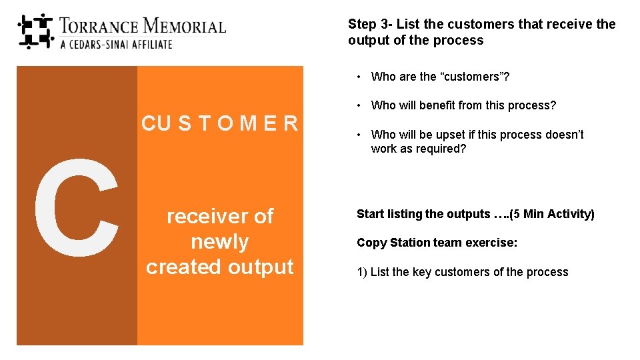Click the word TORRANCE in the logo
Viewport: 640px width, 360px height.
[99, 27]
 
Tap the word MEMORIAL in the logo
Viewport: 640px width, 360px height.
[185, 27]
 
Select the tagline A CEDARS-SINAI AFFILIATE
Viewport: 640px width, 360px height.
[116, 45]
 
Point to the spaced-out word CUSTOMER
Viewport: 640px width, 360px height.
[219, 123]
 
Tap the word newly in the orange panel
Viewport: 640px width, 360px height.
[219, 241]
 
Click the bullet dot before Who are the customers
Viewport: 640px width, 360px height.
[359, 77]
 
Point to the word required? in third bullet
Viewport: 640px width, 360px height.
[442, 149]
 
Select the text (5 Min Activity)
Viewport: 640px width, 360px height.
[552, 214]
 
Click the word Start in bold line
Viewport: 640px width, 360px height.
[371, 214]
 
